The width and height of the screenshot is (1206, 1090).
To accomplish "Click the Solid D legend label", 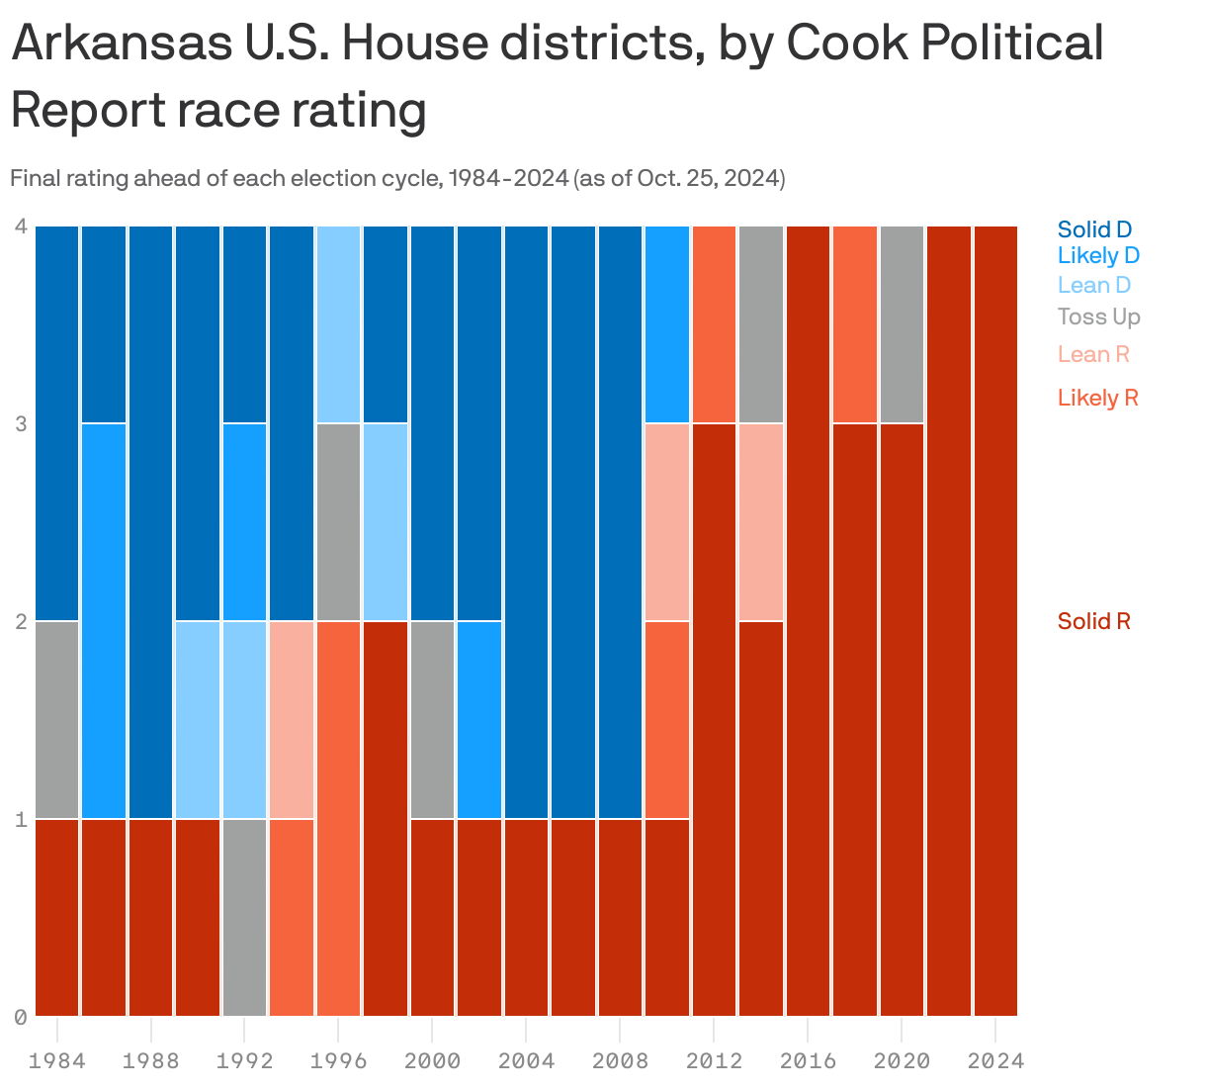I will tap(1094, 229).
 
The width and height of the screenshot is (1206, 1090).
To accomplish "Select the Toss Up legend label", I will tap(1098, 317).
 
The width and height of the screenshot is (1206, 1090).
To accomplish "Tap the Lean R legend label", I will tap(1092, 354).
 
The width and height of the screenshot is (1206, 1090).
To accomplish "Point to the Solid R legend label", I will tap(1093, 621).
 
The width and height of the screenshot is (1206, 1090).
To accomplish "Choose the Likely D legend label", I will tap(1098, 255).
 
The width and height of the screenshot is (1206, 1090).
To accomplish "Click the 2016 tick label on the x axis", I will tap(808, 1061).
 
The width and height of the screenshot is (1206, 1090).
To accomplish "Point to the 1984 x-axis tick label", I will tap(57, 1061).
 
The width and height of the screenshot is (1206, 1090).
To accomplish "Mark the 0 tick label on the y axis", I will tap(20, 1017).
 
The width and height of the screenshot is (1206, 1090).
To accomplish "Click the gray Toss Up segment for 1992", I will tap(244, 917).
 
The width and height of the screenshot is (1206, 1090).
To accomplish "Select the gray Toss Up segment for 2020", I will tap(902, 324).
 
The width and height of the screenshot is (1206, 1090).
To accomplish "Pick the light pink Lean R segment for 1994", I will tap(292, 720).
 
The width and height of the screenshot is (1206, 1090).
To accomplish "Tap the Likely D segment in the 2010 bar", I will tap(667, 324).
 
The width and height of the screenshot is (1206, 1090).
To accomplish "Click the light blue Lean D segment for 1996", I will tap(338, 324).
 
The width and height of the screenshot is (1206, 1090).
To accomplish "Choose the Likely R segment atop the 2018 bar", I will tap(854, 324).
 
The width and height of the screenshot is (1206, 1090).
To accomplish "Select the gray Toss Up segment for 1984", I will tap(57, 720).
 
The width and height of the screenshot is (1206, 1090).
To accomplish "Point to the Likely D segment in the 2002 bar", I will tap(479, 720).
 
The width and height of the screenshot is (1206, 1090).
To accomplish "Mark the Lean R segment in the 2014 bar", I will tap(760, 522).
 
